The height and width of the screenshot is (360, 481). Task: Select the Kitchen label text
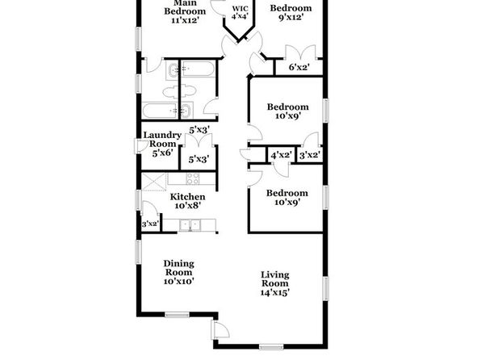tap(188, 197)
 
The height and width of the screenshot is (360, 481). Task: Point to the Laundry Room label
tap(162, 140)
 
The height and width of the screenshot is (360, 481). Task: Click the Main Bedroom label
tap(185, 7)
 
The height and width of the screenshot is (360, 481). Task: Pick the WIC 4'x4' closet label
tap(240, 13)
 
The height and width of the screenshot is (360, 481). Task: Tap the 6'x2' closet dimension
tap(299, 67)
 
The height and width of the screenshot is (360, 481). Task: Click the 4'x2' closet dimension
tap(281, 155)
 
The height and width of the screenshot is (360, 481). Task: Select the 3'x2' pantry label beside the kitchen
tap(149, 224)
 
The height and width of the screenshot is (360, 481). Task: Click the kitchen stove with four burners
tap(193, 178)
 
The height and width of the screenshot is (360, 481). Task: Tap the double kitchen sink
tap(190, 225)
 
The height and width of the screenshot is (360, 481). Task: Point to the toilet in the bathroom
tap(179, 91)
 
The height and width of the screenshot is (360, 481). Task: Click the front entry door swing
tap(221, 329)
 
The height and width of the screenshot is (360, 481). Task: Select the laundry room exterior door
tap(141, 146)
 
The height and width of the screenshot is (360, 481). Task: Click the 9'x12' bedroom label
tap(291, 13)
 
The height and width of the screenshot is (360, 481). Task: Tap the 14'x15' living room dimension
tap(275, 292)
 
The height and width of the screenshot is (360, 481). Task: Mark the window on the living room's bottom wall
tap(271, 347)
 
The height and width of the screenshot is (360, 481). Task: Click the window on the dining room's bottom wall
tap(177, 315)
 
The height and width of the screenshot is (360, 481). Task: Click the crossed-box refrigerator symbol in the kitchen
tap(154, 182)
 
